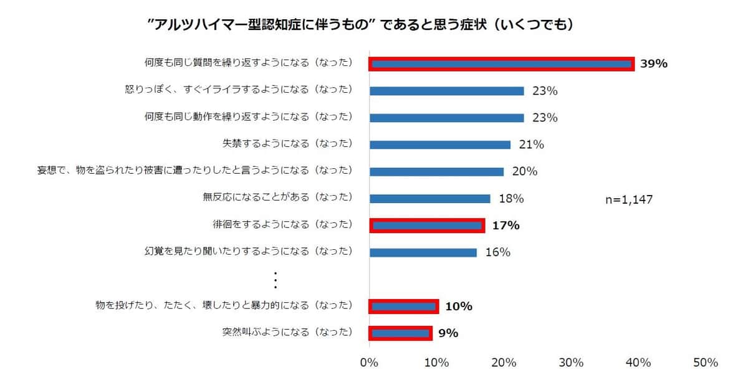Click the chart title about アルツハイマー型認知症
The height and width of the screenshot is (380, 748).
pyautogui.click(x=360, y=24)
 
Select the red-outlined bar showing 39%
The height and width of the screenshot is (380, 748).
pyautogui.click(x=501, y=64)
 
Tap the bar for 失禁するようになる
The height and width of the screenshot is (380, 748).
pyautogui.click(x=440, y=145)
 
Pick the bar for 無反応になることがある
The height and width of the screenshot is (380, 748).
pyautogui.click(x=430, y=199)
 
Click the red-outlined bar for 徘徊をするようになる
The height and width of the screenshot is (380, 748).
pyautogui.click(x=427, y=226)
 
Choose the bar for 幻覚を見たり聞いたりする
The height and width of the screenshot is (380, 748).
pyautogui.click(x=423, y=252)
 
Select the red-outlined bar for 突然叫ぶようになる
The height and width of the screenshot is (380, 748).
pyautogui.click(x=400, y=333)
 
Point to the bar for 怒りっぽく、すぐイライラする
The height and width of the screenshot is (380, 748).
pyautogui.click(x=447, y=91)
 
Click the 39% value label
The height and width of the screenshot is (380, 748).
pyautogui.click(x=654, y=64)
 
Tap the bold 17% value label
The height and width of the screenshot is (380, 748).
pyautogui.click(x=506, y=226)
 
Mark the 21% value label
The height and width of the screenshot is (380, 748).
pyautogui.click(x=531, y=145)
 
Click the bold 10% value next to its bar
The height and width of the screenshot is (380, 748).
pyautogui.click(x=458, y=306)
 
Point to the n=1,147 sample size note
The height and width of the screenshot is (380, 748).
pyautogui.click(x=629, y=199)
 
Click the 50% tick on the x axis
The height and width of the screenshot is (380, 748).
pyautogui.click(x=705, y=363)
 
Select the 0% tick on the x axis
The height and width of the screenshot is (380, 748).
pyautogui.click(x=370, y=363)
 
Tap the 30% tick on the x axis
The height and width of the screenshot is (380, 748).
pyautogui.click(x=571, y=363)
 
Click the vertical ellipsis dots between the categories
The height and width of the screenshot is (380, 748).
pyautogui.click(x=275, y=280)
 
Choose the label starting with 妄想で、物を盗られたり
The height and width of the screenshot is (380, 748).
pyautogui.click(x=195, y=171)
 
